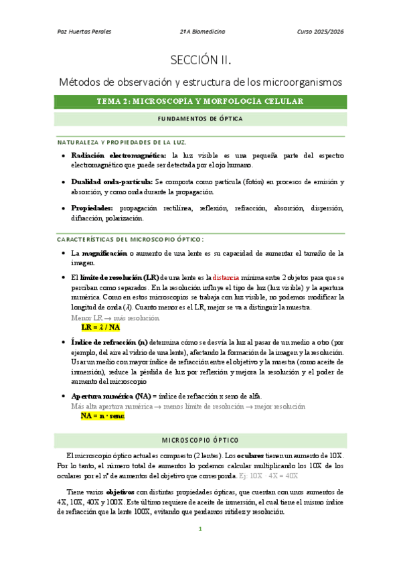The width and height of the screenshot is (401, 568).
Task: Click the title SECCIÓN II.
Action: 200,60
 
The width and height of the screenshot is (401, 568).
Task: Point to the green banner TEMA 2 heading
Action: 200,101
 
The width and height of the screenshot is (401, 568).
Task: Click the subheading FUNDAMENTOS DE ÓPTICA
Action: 200,119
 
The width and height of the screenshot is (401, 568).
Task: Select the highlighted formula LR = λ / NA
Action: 100,328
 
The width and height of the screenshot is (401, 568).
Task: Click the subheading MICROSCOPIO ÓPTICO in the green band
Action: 200,440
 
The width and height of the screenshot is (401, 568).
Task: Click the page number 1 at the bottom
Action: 200,528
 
